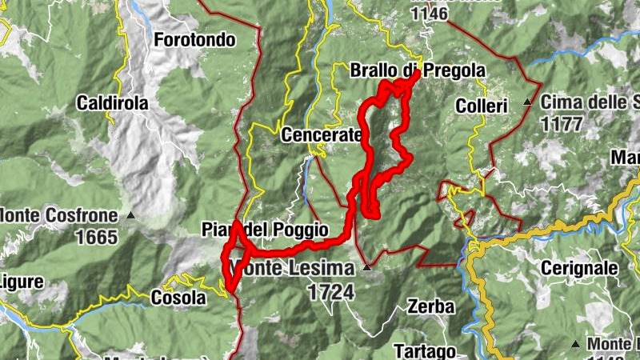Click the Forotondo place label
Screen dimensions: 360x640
coord(194,39)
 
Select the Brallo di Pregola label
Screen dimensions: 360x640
coord(418,70)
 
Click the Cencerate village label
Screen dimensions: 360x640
coord(321,135)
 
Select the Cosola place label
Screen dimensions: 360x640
coord(178,298)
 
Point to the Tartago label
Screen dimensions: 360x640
coord(425,350)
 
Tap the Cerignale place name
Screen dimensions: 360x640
coord(579,267)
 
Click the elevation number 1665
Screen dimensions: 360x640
coord(96,237)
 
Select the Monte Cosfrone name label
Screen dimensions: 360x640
coord(60,215)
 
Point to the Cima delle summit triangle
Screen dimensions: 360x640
coord(527,102)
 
